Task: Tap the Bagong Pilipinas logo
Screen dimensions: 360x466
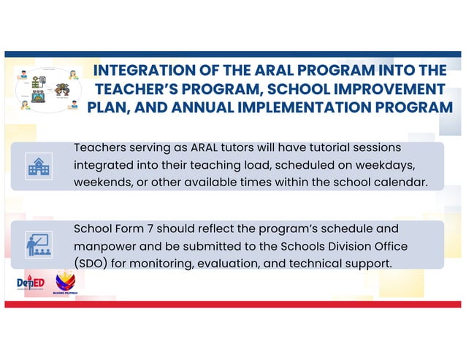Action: click(x=66, y=282)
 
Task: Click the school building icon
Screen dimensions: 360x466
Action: click(x=39, y=166)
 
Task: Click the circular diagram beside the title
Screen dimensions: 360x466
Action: click(x=47, y=89)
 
